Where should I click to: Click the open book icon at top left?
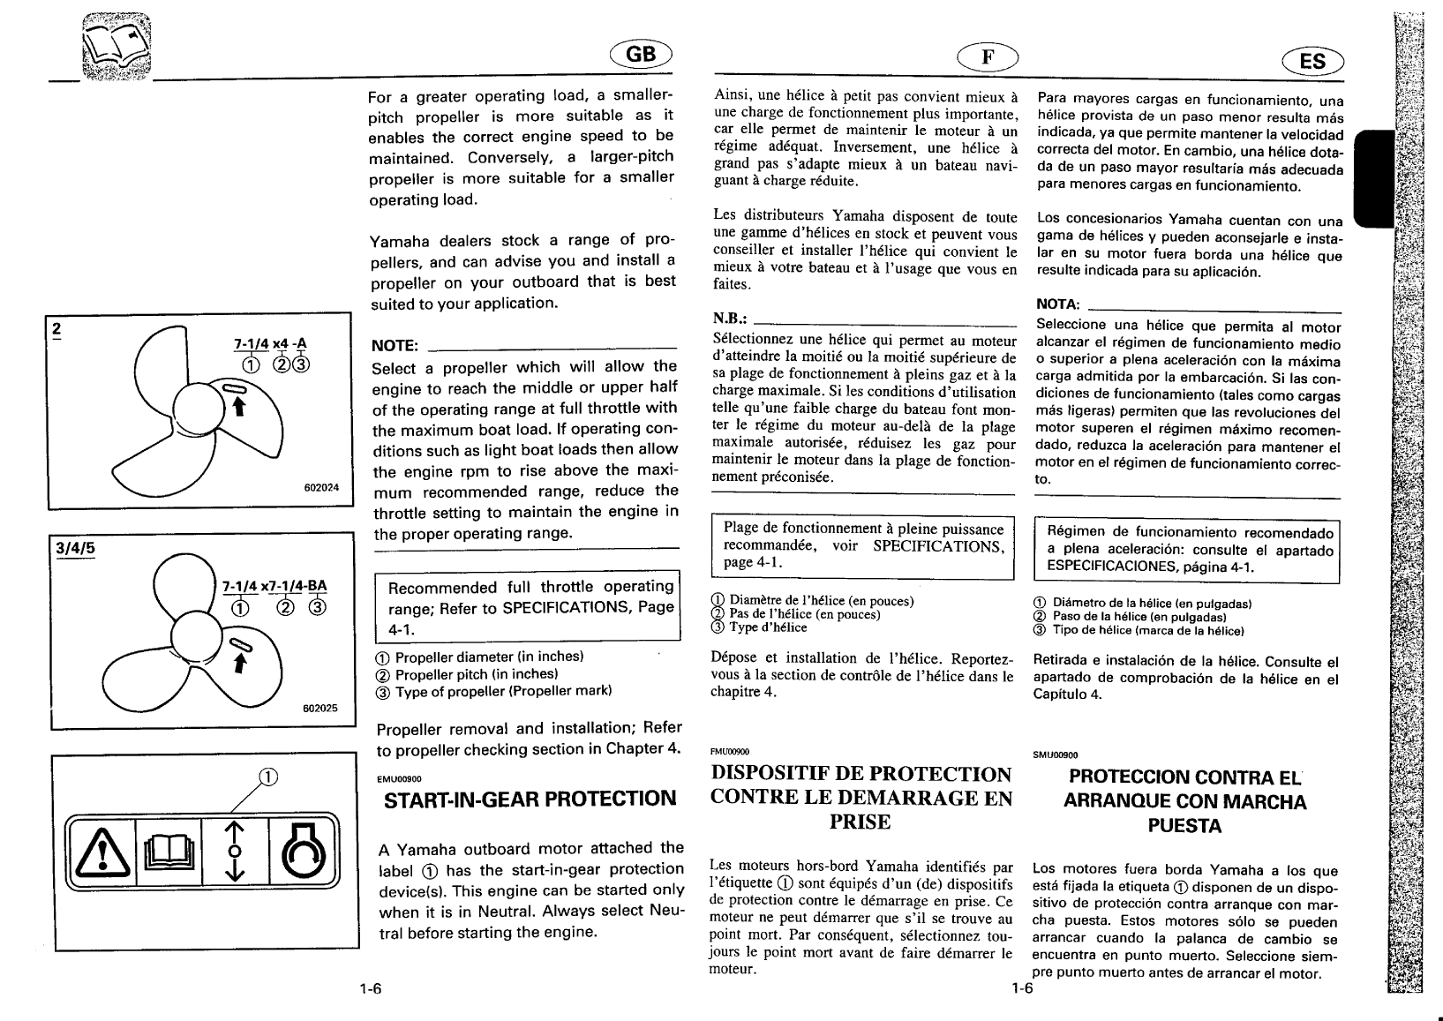tap(116, 49)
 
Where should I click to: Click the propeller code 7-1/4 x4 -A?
tap(271, 344)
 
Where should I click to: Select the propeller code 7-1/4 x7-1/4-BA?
tap(274, 585)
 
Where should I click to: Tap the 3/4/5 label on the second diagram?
tap(75, 547)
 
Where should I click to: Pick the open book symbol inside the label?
tap(169, 852)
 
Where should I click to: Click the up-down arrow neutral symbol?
tap(234, 852)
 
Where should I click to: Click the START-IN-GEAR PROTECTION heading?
tap(529, 800)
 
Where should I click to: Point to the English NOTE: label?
tap(395, 345)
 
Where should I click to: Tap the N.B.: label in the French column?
tap(732, 318)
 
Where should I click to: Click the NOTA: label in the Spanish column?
tap(1058, 304)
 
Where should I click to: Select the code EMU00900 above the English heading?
tap(400, 778)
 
